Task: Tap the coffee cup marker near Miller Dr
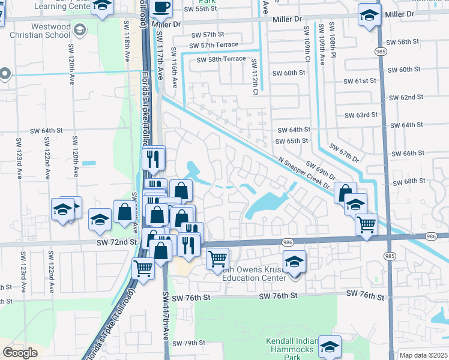[x=161, y=8]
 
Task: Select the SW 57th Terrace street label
[x=213, y=45]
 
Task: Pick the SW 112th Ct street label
[x=255, y=77]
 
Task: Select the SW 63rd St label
[x=361, y=115]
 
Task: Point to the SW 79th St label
[x=189, y=343]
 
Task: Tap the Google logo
[x=20, y=353]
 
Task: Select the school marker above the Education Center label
[x=294, y=263]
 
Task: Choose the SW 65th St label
[x=291, y=141]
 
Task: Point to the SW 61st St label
[x=360, y=81]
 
